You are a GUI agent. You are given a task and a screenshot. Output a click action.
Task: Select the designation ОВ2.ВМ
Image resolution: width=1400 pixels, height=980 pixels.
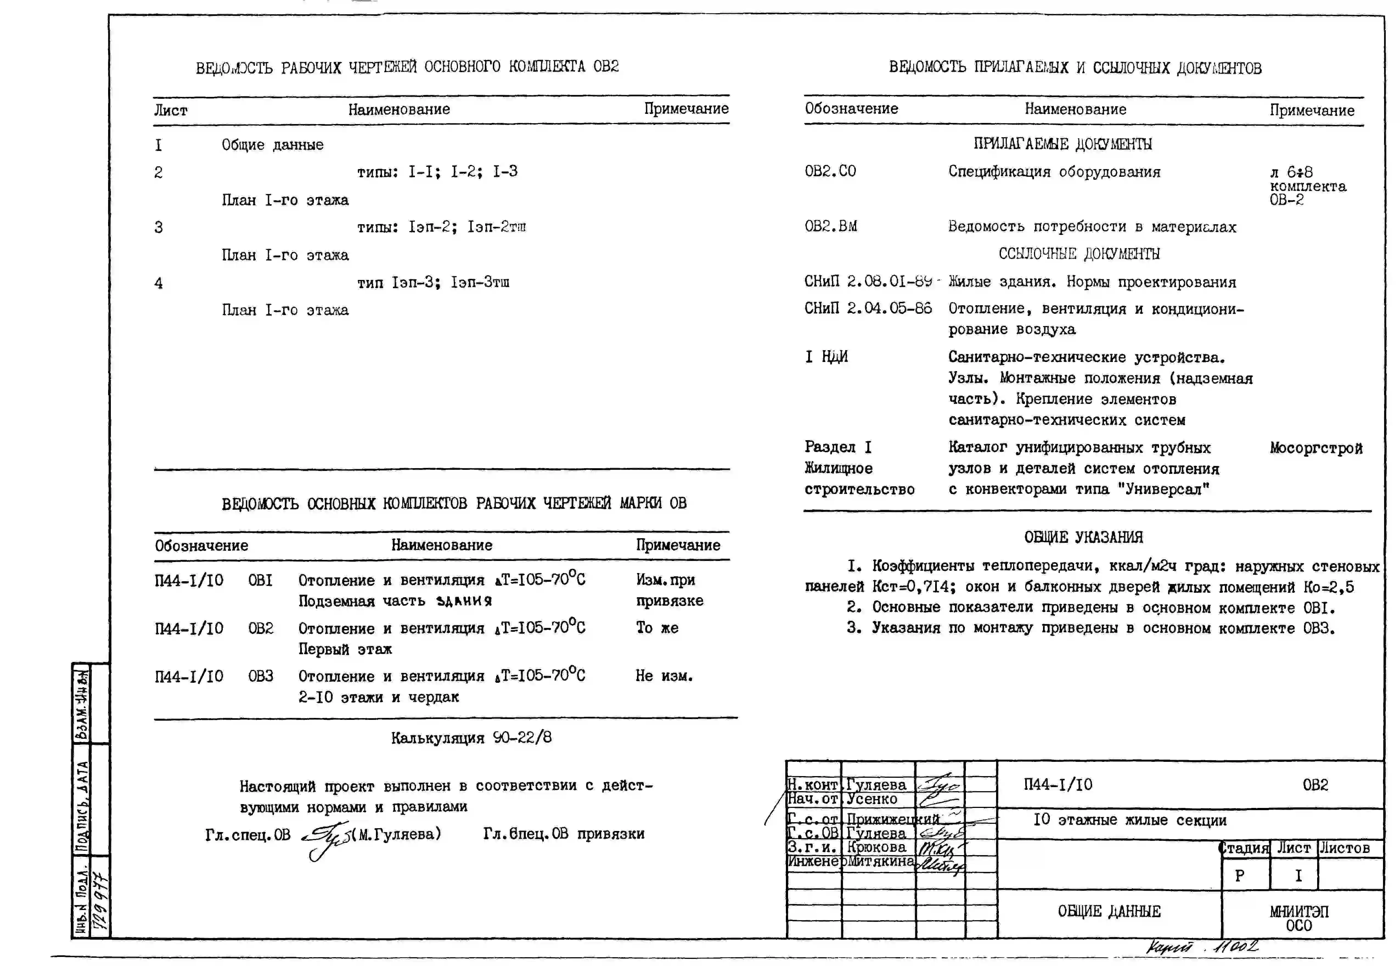coord(831,226)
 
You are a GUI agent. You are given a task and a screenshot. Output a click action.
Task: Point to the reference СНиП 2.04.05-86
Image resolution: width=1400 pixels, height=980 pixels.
coord(868,308)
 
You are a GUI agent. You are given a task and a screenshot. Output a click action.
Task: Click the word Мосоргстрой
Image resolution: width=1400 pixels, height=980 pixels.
coord(1316,448)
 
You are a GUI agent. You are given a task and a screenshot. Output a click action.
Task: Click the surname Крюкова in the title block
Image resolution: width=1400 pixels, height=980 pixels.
coord(876,847)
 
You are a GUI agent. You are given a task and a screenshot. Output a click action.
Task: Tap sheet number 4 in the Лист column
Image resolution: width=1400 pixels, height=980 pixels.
coord(159,283)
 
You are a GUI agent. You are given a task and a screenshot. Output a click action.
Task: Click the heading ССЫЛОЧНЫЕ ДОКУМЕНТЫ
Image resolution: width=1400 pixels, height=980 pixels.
coord(1079,254)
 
